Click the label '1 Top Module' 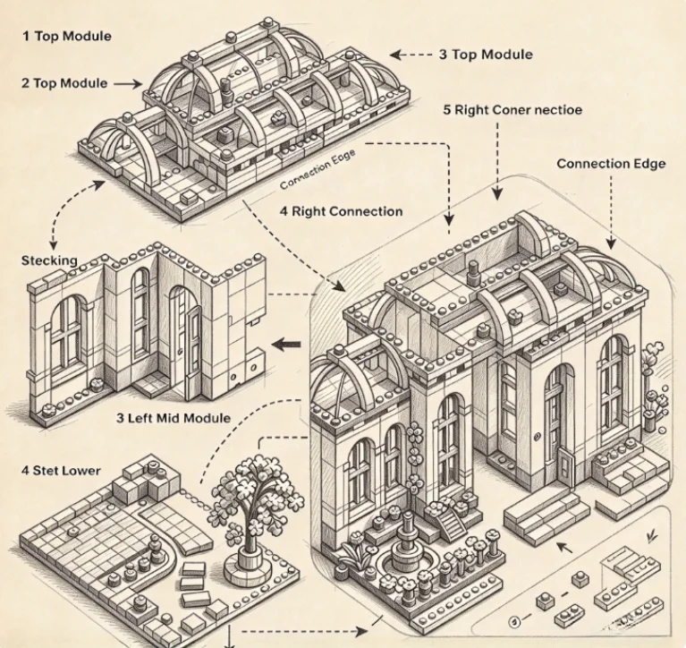click(67, 36)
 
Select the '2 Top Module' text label click(64, 83)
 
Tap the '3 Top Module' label click(486, 55)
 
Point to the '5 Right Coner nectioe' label click(512, 109)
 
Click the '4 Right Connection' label click(341, 211)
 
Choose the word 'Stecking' click(49, 260)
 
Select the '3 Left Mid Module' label click(174, 418)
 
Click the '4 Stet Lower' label click(61, 471)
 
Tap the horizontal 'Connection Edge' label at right click(611, 164)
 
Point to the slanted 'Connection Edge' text click(318, 169)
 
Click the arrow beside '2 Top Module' click(128, 83)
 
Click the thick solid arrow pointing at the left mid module click(285, 345)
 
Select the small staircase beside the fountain click(452, 524)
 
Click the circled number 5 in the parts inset click(515, 621)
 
